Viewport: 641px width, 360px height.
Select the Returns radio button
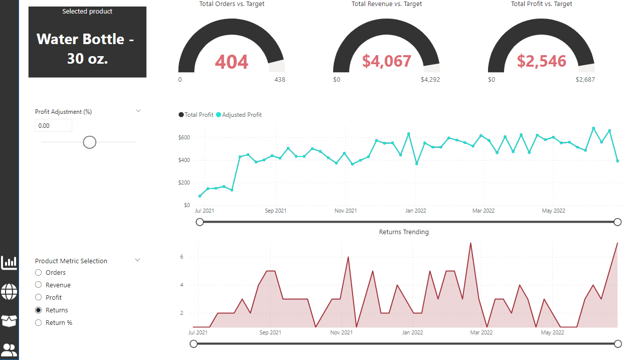pyautogui.click(x=39, y=310)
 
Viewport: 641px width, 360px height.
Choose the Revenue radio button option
pyautogui.click(x=39, y=285)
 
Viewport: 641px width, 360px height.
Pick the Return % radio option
pyautogui.click(x=39, y=323)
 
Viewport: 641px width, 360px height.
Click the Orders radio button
pyautogui.click(x=39, y=273)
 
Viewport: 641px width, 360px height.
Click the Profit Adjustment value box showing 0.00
pyautogui.click(x=53, y=126)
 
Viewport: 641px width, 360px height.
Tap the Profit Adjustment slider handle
pyautogui.click(x=89, y=142)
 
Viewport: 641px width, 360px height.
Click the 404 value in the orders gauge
pyautogui.click(x=232, y=62)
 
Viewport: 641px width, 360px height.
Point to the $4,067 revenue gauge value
pyautogui.click(x=387, y=61)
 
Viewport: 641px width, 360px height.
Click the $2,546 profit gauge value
pyautogui.click(x=541, y=61)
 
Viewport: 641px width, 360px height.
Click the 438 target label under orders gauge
pyautogui.click(x=279, y=80)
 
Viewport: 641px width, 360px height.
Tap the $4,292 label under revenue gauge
pyautogui.click(x=430, y=80)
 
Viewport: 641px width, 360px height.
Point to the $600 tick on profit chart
pyautogui.click(x=184, y=137)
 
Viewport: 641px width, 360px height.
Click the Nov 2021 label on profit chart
pyautogui.click(x=346, y=211)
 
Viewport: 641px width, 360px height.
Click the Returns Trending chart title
pyautogui.click(x=404, y=232)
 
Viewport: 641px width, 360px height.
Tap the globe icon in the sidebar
pyautogui.click(x=9, y=291)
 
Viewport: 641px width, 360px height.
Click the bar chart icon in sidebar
pyautogui.click(x=9, y=262)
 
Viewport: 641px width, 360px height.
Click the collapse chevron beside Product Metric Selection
pyautogui.click(x=138, y=260)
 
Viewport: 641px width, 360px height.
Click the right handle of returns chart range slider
pyautogui.click(x=617, y=343)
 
